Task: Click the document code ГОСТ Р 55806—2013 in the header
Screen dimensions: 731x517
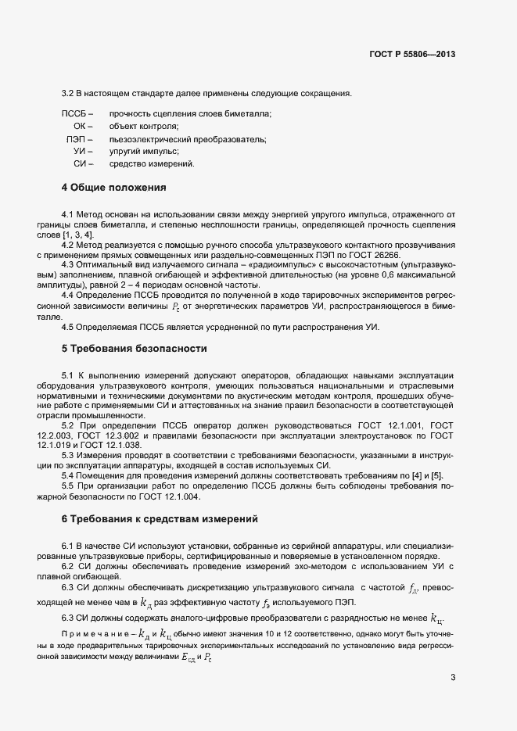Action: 412,55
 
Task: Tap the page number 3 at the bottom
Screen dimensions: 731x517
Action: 453,677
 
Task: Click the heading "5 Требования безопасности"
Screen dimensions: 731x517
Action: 134,347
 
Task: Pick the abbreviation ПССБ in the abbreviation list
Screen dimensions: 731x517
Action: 77,113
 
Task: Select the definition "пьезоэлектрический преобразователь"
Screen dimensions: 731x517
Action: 188,139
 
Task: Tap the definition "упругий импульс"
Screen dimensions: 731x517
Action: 144,152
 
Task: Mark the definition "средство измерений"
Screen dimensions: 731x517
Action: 151,164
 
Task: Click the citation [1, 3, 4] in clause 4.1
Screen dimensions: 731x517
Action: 79,235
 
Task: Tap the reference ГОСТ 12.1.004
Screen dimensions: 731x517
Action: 172,496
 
